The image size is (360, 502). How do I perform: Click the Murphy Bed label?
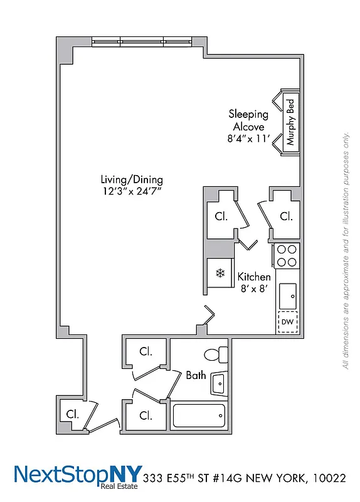(290, 122)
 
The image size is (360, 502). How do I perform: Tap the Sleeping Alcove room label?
(248, 120)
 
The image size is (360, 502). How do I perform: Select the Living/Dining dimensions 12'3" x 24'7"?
(131, 191)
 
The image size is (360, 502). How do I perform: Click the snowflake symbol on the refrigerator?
(220, 273)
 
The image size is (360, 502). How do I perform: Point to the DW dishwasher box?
(287, 322)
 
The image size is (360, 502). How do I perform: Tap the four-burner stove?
(287, 256)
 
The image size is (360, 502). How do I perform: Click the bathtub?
(198, 415)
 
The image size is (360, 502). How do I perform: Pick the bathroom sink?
(219, 383)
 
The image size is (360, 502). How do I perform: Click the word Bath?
(196, 375)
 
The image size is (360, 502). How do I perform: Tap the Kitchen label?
(254, 277)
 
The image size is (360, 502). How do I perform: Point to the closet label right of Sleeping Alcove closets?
(286, 216)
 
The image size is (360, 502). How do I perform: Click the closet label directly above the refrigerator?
(221, 216)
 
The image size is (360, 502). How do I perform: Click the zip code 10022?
(328, 478)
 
